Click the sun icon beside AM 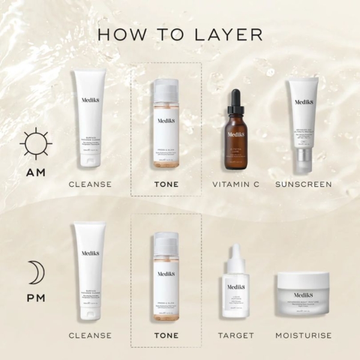35,143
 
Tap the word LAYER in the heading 231,34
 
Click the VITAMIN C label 235,184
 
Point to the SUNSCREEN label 303,184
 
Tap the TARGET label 235,335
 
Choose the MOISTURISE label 303,335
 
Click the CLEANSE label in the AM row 90,184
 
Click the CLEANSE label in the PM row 90,335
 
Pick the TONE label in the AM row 166,184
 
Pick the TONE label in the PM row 166,335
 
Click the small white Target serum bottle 235,288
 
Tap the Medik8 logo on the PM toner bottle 166,273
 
